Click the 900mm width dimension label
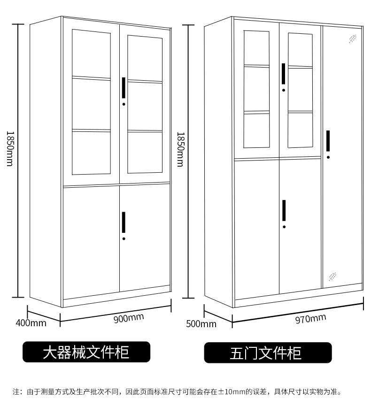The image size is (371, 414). tap(129, 318)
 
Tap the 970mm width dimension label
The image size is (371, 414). tap(310, 319)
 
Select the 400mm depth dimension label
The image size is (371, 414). tap(31, 323)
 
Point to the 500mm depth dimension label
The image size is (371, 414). tap(201, 323)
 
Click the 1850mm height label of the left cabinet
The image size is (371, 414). tap(9, 148)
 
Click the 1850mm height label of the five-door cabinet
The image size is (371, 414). tap(179, 149)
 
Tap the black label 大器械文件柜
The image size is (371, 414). tap(86, 352)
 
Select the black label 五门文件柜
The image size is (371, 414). tap(268, 353)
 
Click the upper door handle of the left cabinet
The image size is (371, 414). tap(124, 88)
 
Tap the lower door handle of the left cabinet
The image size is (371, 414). tap(124, 222)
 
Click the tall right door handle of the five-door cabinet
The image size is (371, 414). tap(328, 141)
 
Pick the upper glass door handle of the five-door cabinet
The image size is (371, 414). tap(284, 74)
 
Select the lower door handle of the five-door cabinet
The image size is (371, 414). tap(284, 210)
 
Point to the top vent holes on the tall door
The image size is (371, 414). tap(352, 38)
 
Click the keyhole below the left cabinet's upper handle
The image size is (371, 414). tap(124, 104)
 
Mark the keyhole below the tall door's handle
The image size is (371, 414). tap(328, 157)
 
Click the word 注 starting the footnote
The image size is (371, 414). tap(15, 391)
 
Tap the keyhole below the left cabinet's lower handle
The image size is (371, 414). tap(124, 239)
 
